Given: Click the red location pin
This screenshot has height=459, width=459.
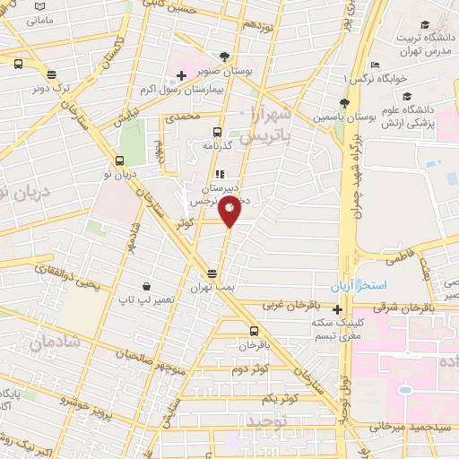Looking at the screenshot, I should click(x=230, y=211).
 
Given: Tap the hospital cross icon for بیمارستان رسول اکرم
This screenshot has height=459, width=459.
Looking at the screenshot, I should click(x=181, y=86).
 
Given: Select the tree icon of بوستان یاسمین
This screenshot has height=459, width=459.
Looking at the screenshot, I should click(x=344, y=101).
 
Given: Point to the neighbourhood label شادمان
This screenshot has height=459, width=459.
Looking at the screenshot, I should click(x=48, y=342).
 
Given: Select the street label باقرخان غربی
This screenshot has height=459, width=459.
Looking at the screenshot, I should click(x=285, y=305).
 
